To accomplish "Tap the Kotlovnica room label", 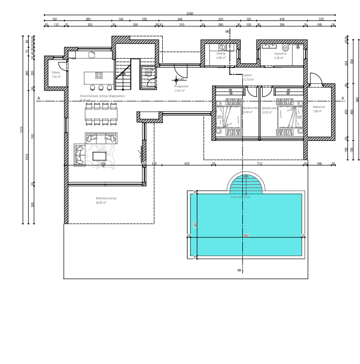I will click(319, 109).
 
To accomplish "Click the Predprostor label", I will click(181, 87).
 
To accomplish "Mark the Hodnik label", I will click(248, 75).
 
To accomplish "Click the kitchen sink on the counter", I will click(92, 54).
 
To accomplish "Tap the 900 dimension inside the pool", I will click(245, 236).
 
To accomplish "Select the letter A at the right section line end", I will click(343, 98).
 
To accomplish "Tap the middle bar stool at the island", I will click(101, 87).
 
